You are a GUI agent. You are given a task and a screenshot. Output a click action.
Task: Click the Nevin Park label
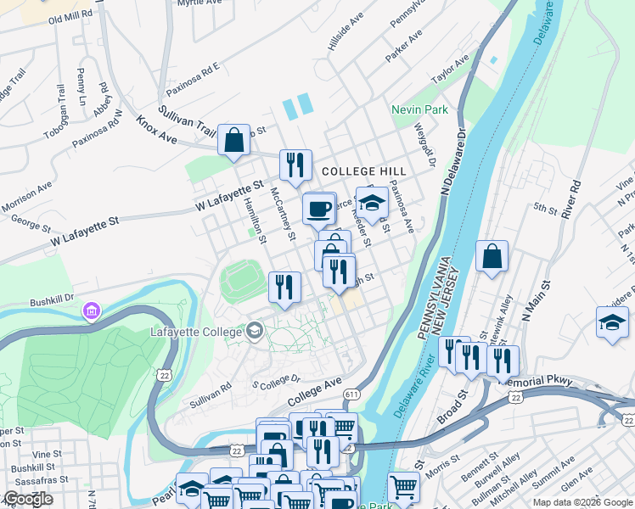tap(419, 110)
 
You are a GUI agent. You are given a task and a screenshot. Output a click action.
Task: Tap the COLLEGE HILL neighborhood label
tap(364, 171)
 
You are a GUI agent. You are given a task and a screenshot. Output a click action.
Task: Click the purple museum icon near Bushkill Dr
tap(91, 312)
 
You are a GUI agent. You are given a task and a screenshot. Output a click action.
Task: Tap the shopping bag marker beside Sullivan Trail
tap(233, 141)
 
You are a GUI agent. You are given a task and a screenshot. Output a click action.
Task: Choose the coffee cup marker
tap(319, 208)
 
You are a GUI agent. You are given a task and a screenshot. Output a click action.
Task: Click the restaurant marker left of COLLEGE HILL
tap(295, 165)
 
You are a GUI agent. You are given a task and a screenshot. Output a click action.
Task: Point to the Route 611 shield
tap(351, 394)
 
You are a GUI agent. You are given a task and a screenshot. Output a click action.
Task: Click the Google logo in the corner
tap(28, 498)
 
